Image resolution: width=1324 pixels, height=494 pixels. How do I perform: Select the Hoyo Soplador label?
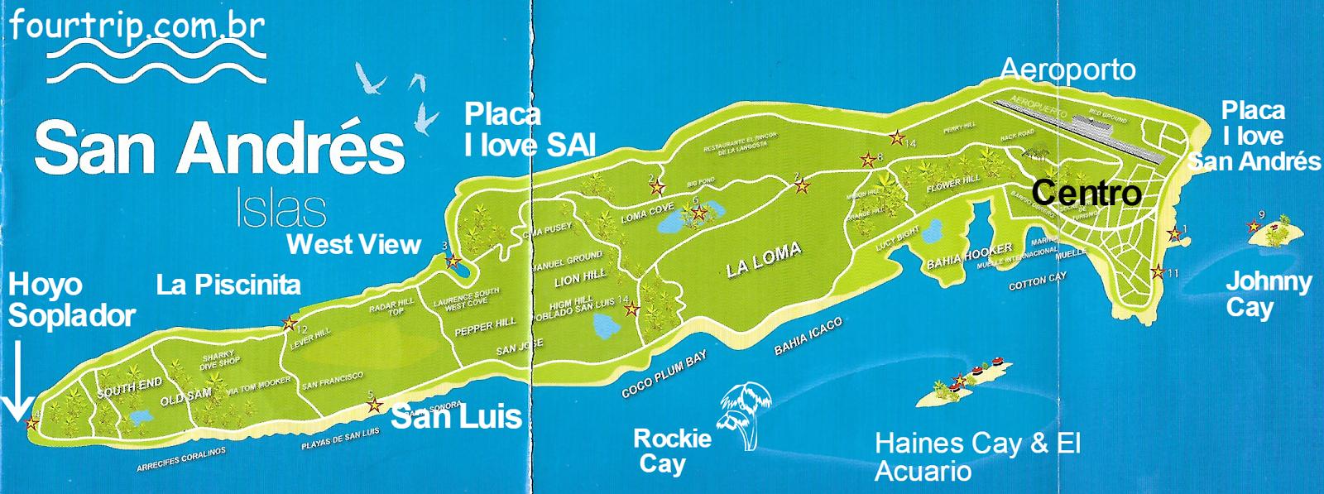click(71, 300)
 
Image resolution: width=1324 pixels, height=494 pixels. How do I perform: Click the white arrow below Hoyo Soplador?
click(17, 385)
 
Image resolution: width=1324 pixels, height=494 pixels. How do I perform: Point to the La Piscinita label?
click(228, 285)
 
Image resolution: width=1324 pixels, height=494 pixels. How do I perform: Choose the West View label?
click(353, 245)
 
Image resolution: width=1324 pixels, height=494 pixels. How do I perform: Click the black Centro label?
click(1087, 194)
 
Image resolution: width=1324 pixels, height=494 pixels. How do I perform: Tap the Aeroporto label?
click(1067, 70)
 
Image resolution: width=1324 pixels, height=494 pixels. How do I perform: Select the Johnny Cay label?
click(1268, 295)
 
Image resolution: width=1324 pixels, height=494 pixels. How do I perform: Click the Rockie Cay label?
click(671, 451)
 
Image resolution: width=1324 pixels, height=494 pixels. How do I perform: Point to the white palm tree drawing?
click(745, 414)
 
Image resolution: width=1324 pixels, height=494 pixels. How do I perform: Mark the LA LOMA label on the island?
click(763, 260)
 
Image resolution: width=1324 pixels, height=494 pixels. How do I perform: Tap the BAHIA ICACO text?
click(808, 337)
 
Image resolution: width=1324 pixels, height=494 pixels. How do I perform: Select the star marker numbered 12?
click(289, 324)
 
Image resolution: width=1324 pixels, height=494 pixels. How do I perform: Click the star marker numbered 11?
click(1158, 272)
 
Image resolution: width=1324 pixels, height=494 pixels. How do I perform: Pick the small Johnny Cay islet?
click(1272, 233)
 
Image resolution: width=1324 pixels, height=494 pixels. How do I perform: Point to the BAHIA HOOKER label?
click(969, 257)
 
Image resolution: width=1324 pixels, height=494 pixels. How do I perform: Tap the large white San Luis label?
click(456, 417)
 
